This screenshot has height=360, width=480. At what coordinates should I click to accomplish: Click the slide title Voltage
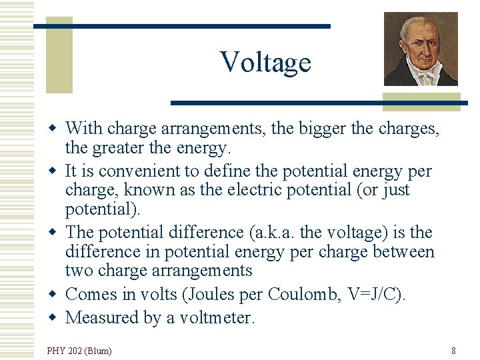(265, 62)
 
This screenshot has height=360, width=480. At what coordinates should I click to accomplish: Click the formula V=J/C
(373, 294)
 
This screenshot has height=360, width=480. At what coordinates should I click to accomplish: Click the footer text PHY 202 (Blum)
(79, 350)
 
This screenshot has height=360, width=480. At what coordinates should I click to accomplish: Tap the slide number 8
(453, 350)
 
